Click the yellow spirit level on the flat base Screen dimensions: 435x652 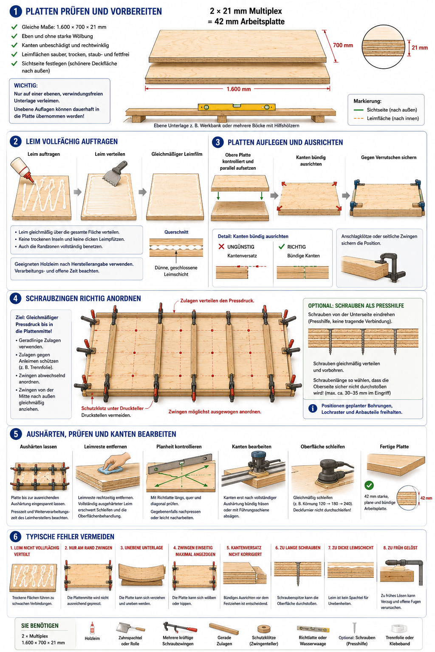237,107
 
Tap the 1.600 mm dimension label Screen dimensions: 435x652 239,89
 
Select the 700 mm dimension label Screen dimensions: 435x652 343,45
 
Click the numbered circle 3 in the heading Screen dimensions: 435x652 217,142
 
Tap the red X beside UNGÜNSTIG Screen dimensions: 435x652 221,247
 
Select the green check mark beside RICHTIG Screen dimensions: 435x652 282,247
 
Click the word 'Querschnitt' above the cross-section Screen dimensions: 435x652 176,232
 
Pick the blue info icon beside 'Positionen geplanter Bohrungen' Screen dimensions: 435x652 313,408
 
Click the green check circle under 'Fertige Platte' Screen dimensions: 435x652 369,485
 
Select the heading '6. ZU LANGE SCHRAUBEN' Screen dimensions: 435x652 298,548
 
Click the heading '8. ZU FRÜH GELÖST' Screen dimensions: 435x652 400,548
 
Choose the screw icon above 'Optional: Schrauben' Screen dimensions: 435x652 355,627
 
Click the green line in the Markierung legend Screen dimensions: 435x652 359,110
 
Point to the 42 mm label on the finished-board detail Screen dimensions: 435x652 426,498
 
